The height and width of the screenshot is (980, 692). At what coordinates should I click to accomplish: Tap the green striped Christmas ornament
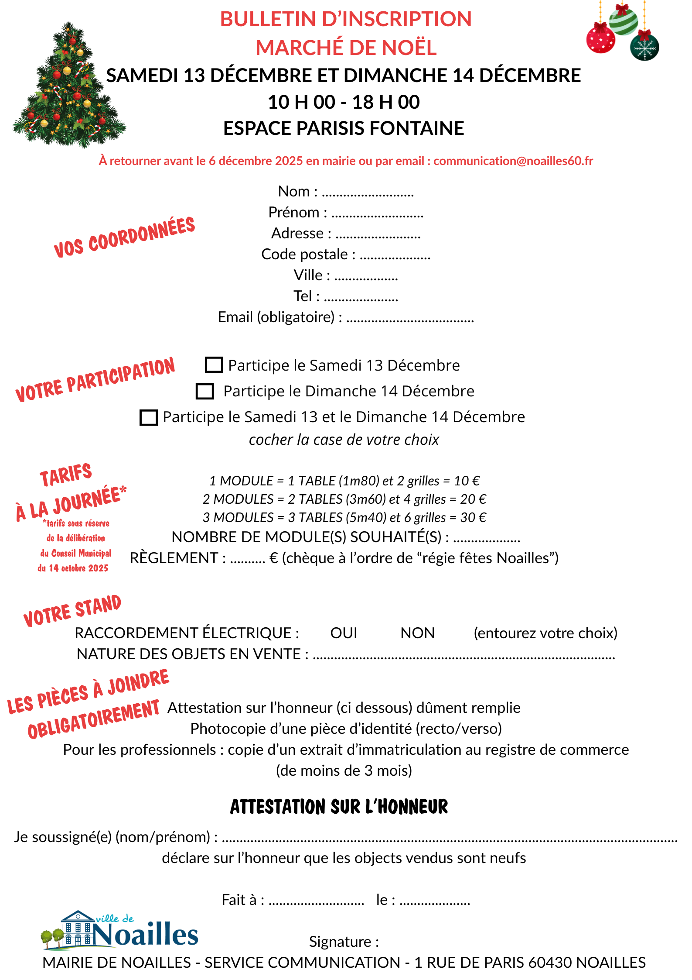point(623,20)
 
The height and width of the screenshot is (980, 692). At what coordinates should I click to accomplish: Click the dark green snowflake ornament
point(644,47)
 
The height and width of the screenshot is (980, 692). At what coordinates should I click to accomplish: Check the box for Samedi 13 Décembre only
point(214,365)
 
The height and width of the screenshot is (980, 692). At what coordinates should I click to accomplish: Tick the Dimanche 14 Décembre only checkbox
point(205,391)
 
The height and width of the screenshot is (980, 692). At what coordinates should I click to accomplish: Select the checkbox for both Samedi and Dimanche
point(148,417)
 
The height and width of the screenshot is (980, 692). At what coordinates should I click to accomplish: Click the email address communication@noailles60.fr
point(513,161)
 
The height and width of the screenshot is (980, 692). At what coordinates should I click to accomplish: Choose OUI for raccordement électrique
point(344,633)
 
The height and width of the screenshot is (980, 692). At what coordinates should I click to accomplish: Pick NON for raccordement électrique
point(417,633)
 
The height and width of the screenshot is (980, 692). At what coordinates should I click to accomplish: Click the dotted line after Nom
point(368,193)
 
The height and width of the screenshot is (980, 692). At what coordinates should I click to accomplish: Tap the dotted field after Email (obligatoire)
point(410,319)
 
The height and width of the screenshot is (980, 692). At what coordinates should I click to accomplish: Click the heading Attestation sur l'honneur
point(339,807)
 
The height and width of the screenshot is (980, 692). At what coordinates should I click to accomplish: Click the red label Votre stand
point(72,610)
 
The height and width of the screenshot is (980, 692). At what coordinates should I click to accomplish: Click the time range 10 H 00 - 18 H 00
point(344,102)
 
